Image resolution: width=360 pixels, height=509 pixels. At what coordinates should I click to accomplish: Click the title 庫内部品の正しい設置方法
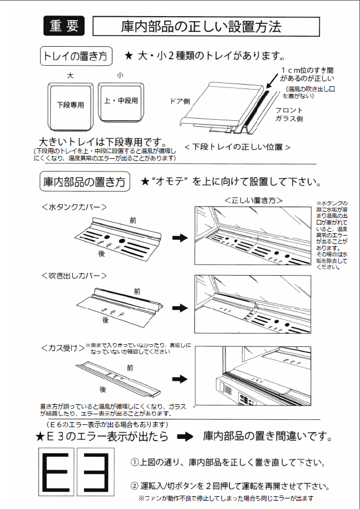click(x=205, y=26)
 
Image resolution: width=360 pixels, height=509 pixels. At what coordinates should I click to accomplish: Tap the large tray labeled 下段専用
click(x=70, y=104)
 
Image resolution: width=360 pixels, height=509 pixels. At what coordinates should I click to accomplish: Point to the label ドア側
click(x=180, y=101)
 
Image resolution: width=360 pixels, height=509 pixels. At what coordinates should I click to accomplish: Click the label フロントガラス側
click(x=289, y=115)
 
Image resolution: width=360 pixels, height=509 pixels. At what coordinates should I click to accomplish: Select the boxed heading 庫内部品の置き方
click(x=85, y=182)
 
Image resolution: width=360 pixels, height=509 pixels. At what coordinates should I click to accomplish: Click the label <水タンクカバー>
click(x=74, y=207)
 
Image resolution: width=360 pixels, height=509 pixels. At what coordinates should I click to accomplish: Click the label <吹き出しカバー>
click(x=73, y=275)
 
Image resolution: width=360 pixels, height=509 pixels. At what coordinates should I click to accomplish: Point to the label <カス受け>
click(x=62, y=348)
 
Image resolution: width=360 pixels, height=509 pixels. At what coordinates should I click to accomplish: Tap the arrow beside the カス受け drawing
click(x=179, y=378)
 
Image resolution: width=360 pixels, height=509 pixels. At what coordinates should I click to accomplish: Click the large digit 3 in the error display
click(x=103, y=472)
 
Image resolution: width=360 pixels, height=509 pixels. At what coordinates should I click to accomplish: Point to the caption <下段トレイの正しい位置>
click(x=237, y=147)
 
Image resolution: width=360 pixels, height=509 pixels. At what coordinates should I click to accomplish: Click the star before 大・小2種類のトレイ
click(x=128, y=56)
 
